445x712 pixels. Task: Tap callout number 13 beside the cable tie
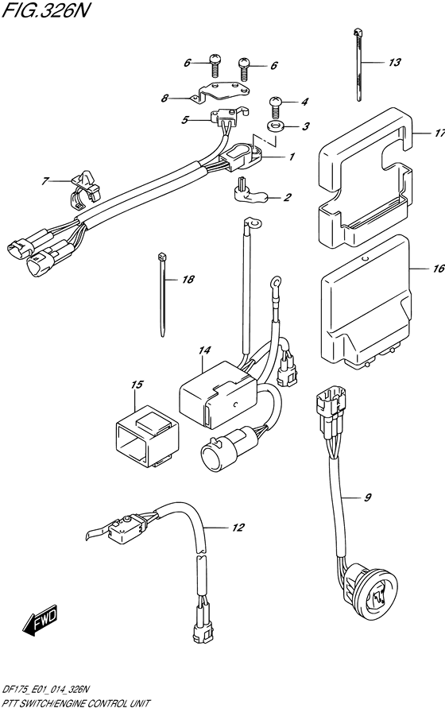(395, 62)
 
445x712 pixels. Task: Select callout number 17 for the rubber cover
(439, 133)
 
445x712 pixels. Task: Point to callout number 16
(438, 269)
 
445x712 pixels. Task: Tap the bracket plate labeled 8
(220, 93)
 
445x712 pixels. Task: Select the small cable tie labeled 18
(162, 295)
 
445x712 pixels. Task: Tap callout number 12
(238, 527)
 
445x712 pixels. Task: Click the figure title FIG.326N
(44, 10)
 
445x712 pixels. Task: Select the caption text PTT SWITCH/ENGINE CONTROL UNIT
(75, 703)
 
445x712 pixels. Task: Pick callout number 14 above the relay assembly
(204, 350)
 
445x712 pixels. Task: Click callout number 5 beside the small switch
(184, 120)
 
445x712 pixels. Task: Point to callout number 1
(292, 157)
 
